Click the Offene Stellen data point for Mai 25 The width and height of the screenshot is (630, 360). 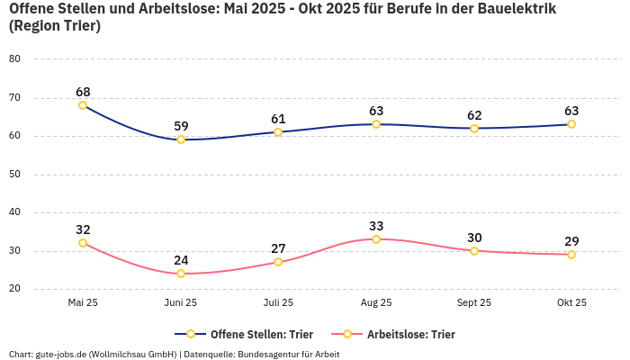coord(83,105)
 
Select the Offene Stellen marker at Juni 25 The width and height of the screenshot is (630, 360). coord(181,139)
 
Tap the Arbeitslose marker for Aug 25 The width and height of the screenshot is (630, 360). coord(376,239)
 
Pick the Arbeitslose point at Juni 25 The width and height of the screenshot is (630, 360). coord(181,274)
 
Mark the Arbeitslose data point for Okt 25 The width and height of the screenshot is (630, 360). coord(571,255)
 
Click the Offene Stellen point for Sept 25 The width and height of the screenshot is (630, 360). coord(474,129)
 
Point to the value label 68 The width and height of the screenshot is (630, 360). coord(83,92)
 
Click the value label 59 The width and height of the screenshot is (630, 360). coord(181,126)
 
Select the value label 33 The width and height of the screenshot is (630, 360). coord(376,226)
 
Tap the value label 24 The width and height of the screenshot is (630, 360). coord(181,260)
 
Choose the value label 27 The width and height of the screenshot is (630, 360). coord(278,248)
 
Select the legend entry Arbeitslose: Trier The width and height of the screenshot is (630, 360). coord(410,335)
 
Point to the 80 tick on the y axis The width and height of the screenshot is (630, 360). coord(14,59)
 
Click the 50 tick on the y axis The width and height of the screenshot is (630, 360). coord(14,175)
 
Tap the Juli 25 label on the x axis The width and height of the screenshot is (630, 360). coord(278,303)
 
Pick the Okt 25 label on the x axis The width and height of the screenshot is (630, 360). coord(571,303)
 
